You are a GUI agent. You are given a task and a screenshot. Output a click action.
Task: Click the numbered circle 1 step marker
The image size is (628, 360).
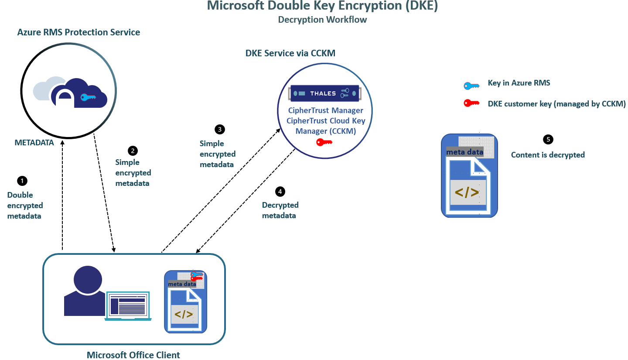click(x=21, y=180)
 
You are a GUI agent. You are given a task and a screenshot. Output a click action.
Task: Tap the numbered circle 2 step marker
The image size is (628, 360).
click(x=133, y=151)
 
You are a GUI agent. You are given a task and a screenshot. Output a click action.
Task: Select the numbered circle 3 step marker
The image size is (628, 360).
click(x=220, y=129)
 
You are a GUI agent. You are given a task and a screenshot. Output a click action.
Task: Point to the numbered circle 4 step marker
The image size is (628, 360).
click(x=280, y=191)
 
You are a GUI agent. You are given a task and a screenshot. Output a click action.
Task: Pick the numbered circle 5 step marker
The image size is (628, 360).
click(x=548, y=140)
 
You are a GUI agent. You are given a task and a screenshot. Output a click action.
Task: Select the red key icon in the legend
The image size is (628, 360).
click(x=471, y=103)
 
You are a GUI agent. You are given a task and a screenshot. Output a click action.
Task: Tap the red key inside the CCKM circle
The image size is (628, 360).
click(x=324, y=142)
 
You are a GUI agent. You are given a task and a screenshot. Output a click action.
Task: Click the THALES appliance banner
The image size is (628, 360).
click(x=324, y=93)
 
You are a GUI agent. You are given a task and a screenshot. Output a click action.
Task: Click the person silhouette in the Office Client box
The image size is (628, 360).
click(x=84, y=291)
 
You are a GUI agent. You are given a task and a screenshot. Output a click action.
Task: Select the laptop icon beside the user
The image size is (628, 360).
click(x=128, y=305)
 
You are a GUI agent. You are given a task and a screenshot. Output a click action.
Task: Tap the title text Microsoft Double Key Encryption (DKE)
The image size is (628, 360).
click(x=322, y=6)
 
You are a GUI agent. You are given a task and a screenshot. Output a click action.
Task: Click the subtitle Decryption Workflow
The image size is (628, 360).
click(x=322, y=20)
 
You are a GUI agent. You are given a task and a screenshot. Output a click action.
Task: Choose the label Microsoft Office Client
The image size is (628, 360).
click(x=133, y=355)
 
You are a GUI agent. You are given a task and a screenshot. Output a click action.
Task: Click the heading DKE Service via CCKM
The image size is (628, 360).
click(x=290, y=53)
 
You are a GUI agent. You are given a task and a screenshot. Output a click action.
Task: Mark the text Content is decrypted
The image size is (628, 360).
click(x=548, y=155)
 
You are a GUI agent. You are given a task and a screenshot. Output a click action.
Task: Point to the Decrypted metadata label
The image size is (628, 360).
click(x=280, y=210)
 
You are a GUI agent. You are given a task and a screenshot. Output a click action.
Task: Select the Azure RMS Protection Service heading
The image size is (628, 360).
click(x=78, y=32)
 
